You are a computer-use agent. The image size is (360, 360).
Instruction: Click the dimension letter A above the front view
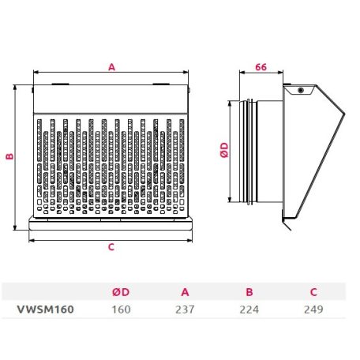pyautogui.click(x=112, y=67)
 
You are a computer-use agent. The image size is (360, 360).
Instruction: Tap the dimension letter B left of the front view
pyautogui.click(x=9, y=156)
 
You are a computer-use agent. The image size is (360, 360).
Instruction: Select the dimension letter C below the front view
pyautogui.click(x=111, y=247)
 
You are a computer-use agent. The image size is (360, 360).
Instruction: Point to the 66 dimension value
pyautogui.click(x=261, y=67)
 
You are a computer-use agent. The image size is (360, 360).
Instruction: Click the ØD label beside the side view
pyautogui.click(x=224, y=150)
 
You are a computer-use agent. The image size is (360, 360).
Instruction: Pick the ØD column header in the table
pyautogui.click(x=121, y=292)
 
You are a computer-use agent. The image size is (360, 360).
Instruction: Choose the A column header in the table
pyautogui.click(x=185, y=292)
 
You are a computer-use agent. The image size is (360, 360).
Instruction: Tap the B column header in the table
pyautogui.click(x=249, y=292)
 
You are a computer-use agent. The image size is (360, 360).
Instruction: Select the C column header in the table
pyautogui.click(x=313, y=292)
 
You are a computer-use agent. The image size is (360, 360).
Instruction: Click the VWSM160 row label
pyautogui.click(x=46, y=309)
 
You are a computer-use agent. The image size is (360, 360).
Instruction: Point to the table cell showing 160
pyautogui.click(x=121, y=309)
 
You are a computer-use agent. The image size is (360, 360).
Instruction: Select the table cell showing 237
pyautogui.click(x=185, y=309)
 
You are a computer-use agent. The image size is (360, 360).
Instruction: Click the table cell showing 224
pyautogui.click(x=249, y=309)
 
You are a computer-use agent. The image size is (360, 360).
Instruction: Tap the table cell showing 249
pyautogui.click(x=313, y=309)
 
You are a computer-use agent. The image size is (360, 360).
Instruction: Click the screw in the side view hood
pyautogui.click(x=301, y=91)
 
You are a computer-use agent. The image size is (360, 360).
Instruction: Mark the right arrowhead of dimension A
pyautogui.click(x=186, y=72)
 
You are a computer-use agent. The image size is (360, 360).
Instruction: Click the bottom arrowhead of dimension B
pyautogui.click(x=15, y=227)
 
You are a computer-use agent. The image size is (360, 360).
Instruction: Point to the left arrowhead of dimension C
pyautogui.click(x=32, y=240)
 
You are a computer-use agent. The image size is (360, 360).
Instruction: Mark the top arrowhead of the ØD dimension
pyautogui.click(x=230, y=103)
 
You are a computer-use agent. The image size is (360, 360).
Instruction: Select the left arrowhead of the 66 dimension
pyautogui.click(x=242, y=72)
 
